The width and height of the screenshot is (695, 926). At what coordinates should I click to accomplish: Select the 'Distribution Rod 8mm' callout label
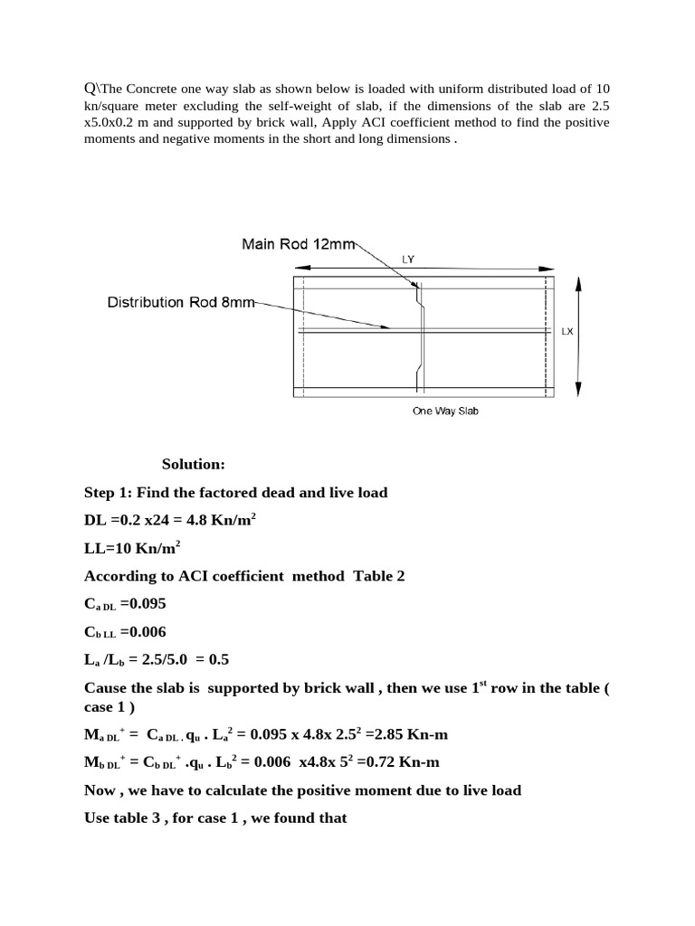[181, 302]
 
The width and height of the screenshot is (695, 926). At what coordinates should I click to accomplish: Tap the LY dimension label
[408, 259]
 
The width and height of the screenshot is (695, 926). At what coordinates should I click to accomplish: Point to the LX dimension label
[567, 332]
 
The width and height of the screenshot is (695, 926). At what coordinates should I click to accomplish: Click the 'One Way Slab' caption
[444, 411]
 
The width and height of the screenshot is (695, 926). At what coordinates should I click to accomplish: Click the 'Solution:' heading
[193, 465]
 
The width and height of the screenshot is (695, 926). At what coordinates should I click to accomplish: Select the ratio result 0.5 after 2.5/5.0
[205, 660]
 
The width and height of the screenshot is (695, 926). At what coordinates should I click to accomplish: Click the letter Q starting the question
[89, 88]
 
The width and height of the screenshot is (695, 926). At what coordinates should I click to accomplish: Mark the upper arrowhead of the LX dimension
[578, 283]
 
